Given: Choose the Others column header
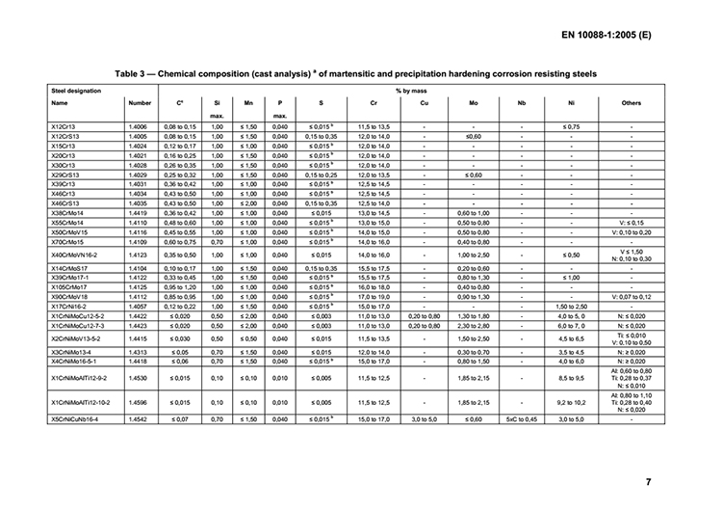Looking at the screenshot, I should [631, 103].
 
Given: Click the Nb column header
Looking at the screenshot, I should [520, 103].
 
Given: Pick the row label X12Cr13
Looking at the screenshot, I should [64, 127].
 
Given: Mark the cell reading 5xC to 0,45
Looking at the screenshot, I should [520, 421].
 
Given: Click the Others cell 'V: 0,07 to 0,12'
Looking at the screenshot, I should [631, 298].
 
